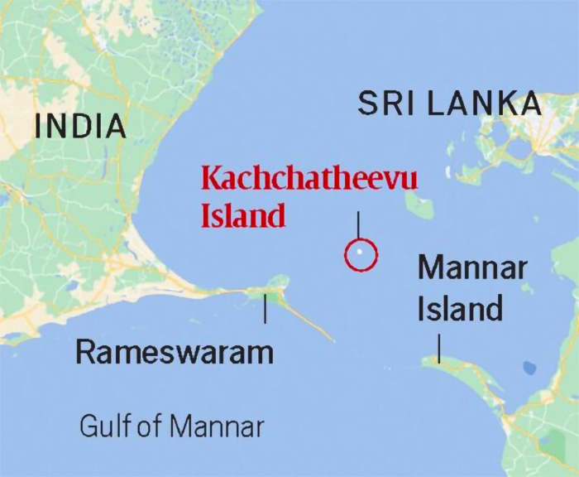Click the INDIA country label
(x=80, y=127)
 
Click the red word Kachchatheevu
(x=309, y=179)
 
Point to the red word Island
(x=243, y=215)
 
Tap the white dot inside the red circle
(x=360, y=253)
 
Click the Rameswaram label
(x=175, y=353)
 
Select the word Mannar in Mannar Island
(x=471, y=269)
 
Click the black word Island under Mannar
(x=460, y=309)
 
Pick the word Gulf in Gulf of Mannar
(x=106, y=426)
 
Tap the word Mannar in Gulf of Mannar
(x=218, y=426)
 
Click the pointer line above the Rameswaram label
(x=265, y=309)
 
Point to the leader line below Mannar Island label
(x=438, y=348)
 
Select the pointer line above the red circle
(x=358, y=225)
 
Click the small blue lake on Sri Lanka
(x=527, y=368)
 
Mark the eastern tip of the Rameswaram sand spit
(x=333, y=339)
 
